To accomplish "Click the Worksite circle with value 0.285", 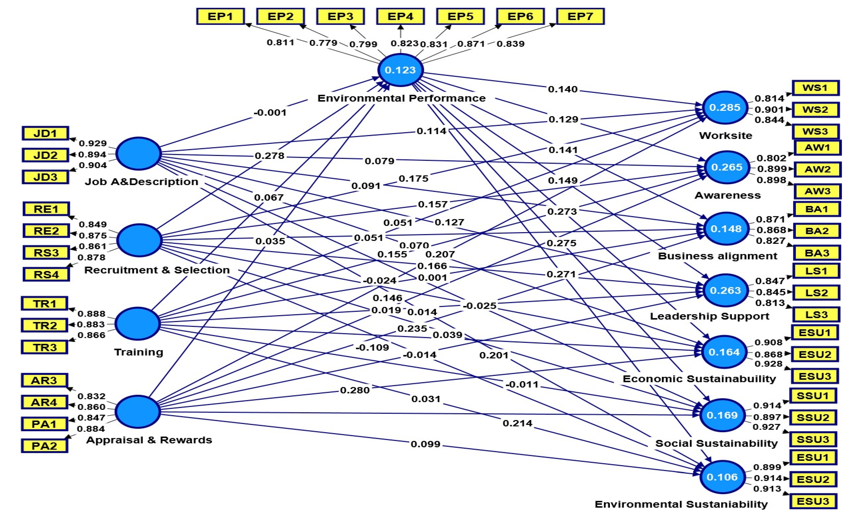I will [725, 107].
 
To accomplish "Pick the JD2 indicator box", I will [45, 155].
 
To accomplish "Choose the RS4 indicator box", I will [46, 275].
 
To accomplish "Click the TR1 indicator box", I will [45, 303].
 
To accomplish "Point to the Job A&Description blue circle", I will [139, 154].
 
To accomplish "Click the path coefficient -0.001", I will [270, 112].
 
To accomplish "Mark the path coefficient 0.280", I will [355, 390].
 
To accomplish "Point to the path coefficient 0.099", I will [425, 444].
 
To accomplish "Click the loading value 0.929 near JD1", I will [93, 143].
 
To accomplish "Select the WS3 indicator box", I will [815, 131].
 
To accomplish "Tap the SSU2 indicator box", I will [813, 417].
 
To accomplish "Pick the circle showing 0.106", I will [722, 477].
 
